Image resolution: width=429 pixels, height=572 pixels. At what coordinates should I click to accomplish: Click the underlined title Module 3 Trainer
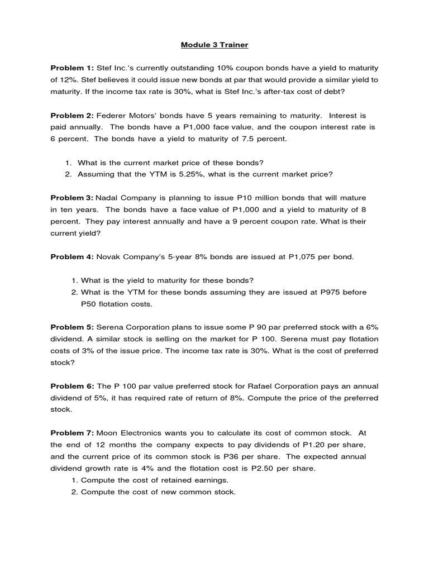point(214,44)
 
